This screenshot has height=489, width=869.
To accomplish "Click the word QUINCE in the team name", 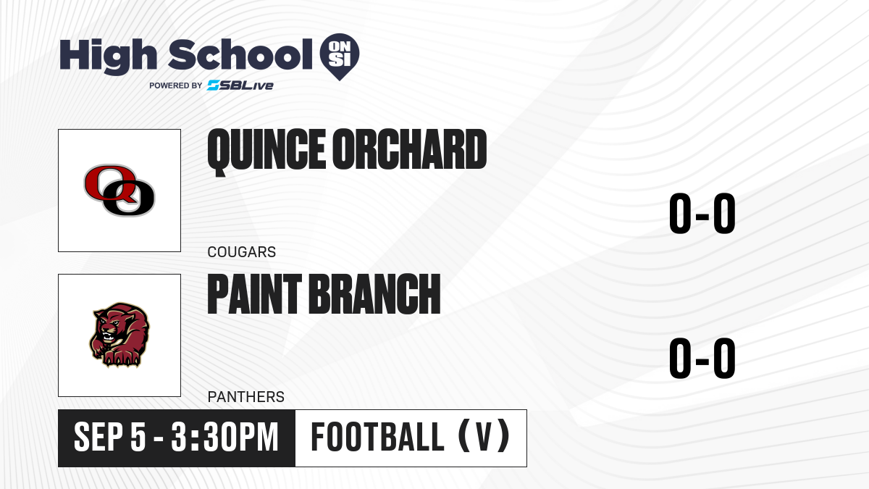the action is (x=266, y=151).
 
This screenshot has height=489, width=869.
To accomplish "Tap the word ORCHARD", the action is (x=409, y=149).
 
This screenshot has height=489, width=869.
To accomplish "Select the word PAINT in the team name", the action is (x=254, y=294).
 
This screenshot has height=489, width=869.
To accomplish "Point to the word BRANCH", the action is (x=374, y=294).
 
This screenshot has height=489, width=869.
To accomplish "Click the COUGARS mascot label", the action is (x=242, y=252).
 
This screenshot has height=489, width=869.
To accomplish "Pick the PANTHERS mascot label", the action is (x=246, y=397).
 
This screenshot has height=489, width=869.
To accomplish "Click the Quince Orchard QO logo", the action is (x=119, y=190).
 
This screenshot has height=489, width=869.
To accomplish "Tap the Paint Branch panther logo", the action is (x=119, y=335).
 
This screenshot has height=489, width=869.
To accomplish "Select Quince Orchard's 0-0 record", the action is (x=702, y=214).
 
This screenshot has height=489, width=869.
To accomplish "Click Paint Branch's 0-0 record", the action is (x=702, y=358).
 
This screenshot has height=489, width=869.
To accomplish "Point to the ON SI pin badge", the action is (x=340, y=57).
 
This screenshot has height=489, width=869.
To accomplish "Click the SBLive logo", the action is (x=240, y=85).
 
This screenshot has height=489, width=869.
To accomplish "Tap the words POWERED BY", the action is (x=176, y=85).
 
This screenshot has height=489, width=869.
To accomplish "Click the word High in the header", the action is (x=108, y=56).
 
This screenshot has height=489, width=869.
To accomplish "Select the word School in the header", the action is (x=240, y=54).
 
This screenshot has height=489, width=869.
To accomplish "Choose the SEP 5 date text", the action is (x=110, y=438).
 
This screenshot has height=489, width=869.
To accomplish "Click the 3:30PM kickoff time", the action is (x=225, y=438).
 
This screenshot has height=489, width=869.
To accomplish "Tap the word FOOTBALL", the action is (x=377, y=438).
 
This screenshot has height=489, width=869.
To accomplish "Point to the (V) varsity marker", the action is (x=484, y=436).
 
